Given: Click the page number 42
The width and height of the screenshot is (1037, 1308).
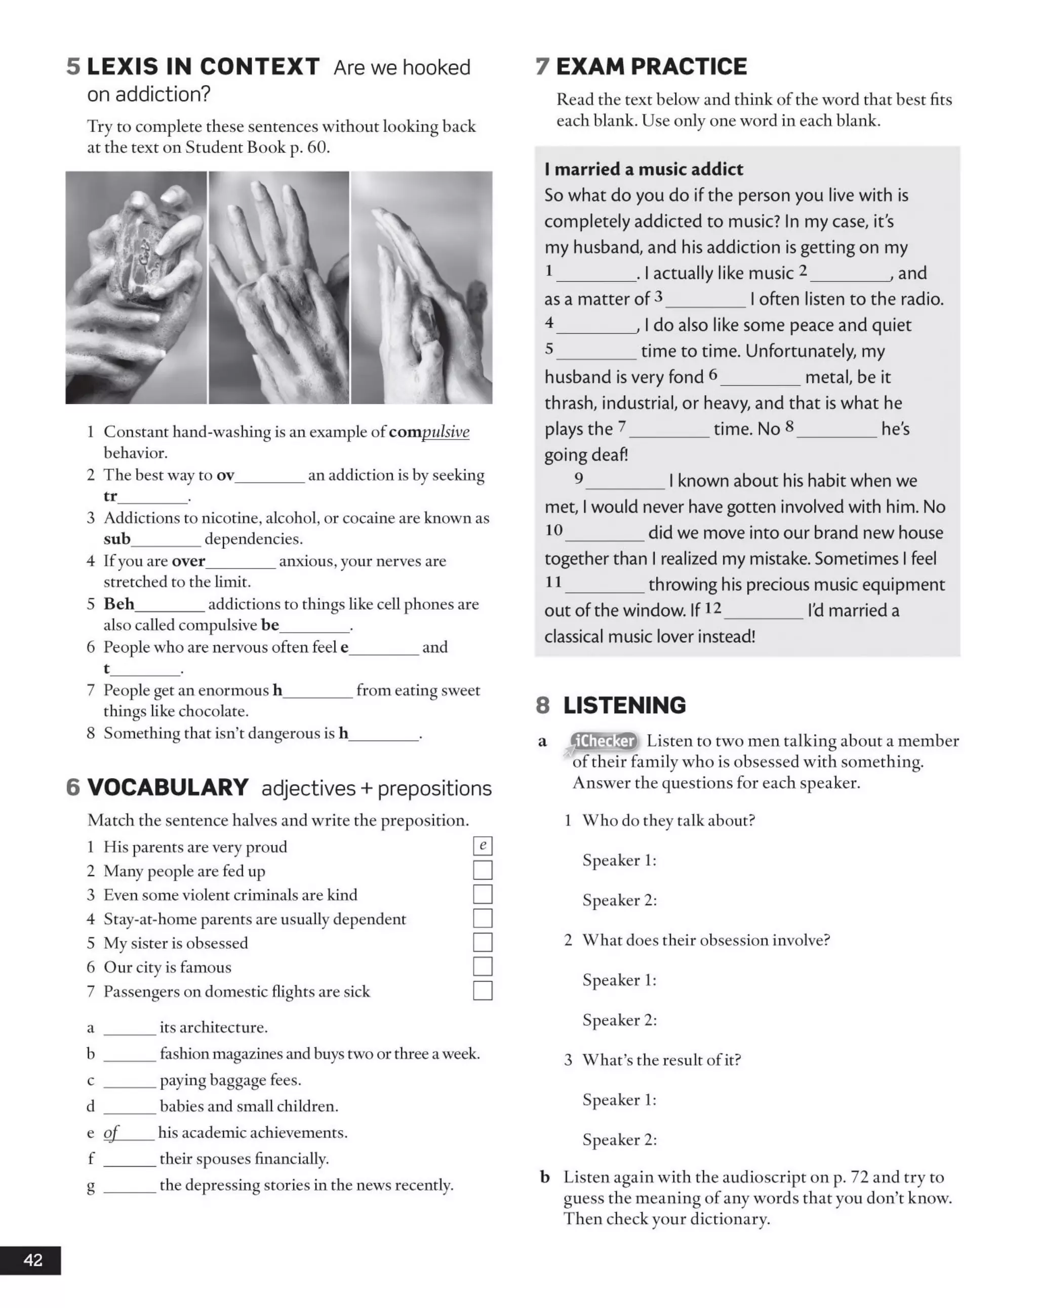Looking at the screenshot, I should (33, 1260).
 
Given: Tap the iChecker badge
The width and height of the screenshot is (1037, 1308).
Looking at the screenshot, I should (604, 741).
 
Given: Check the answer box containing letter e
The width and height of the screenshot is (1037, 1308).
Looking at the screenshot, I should (483, 845).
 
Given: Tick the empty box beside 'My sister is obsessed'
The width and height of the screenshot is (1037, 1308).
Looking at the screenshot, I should (483, 942).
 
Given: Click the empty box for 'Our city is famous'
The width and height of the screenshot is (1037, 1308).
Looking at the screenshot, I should (483, 967).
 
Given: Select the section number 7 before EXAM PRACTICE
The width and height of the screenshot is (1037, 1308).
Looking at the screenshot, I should (542, 66).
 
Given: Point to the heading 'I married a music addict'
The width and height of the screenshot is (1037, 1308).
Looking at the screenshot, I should (644, 169).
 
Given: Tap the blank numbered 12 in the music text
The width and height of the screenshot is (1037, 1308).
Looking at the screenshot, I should (764, 610).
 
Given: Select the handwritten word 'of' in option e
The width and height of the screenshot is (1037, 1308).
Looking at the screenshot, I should (111, 1132).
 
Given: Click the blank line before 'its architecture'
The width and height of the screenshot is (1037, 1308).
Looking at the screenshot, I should (129, 1028).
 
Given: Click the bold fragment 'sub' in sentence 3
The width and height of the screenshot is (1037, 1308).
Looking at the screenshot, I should (117, 538).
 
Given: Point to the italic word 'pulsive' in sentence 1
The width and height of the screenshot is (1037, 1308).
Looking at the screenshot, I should (446, 432).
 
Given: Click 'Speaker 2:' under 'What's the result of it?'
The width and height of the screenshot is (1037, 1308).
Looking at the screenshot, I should (619, 1139).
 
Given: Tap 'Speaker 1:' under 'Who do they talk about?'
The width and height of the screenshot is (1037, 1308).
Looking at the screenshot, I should (619, 860).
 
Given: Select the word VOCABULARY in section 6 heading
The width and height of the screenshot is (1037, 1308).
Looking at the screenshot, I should (168, 787).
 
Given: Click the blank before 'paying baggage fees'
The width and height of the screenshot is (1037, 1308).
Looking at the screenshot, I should (129, 1081).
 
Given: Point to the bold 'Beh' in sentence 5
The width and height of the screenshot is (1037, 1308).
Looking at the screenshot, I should (119, 604).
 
